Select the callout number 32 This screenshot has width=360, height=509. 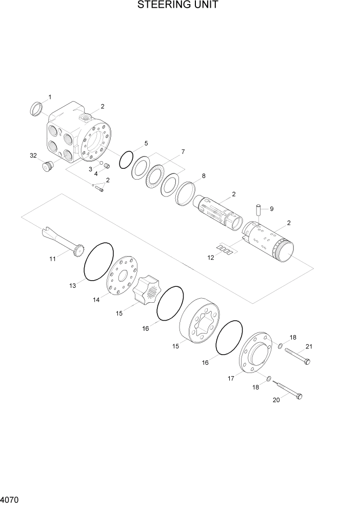33,155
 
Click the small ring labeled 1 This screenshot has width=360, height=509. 36,108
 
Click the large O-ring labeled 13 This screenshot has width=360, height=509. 97,261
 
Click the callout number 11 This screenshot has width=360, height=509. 52,259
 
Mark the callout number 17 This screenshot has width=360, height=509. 231,378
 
